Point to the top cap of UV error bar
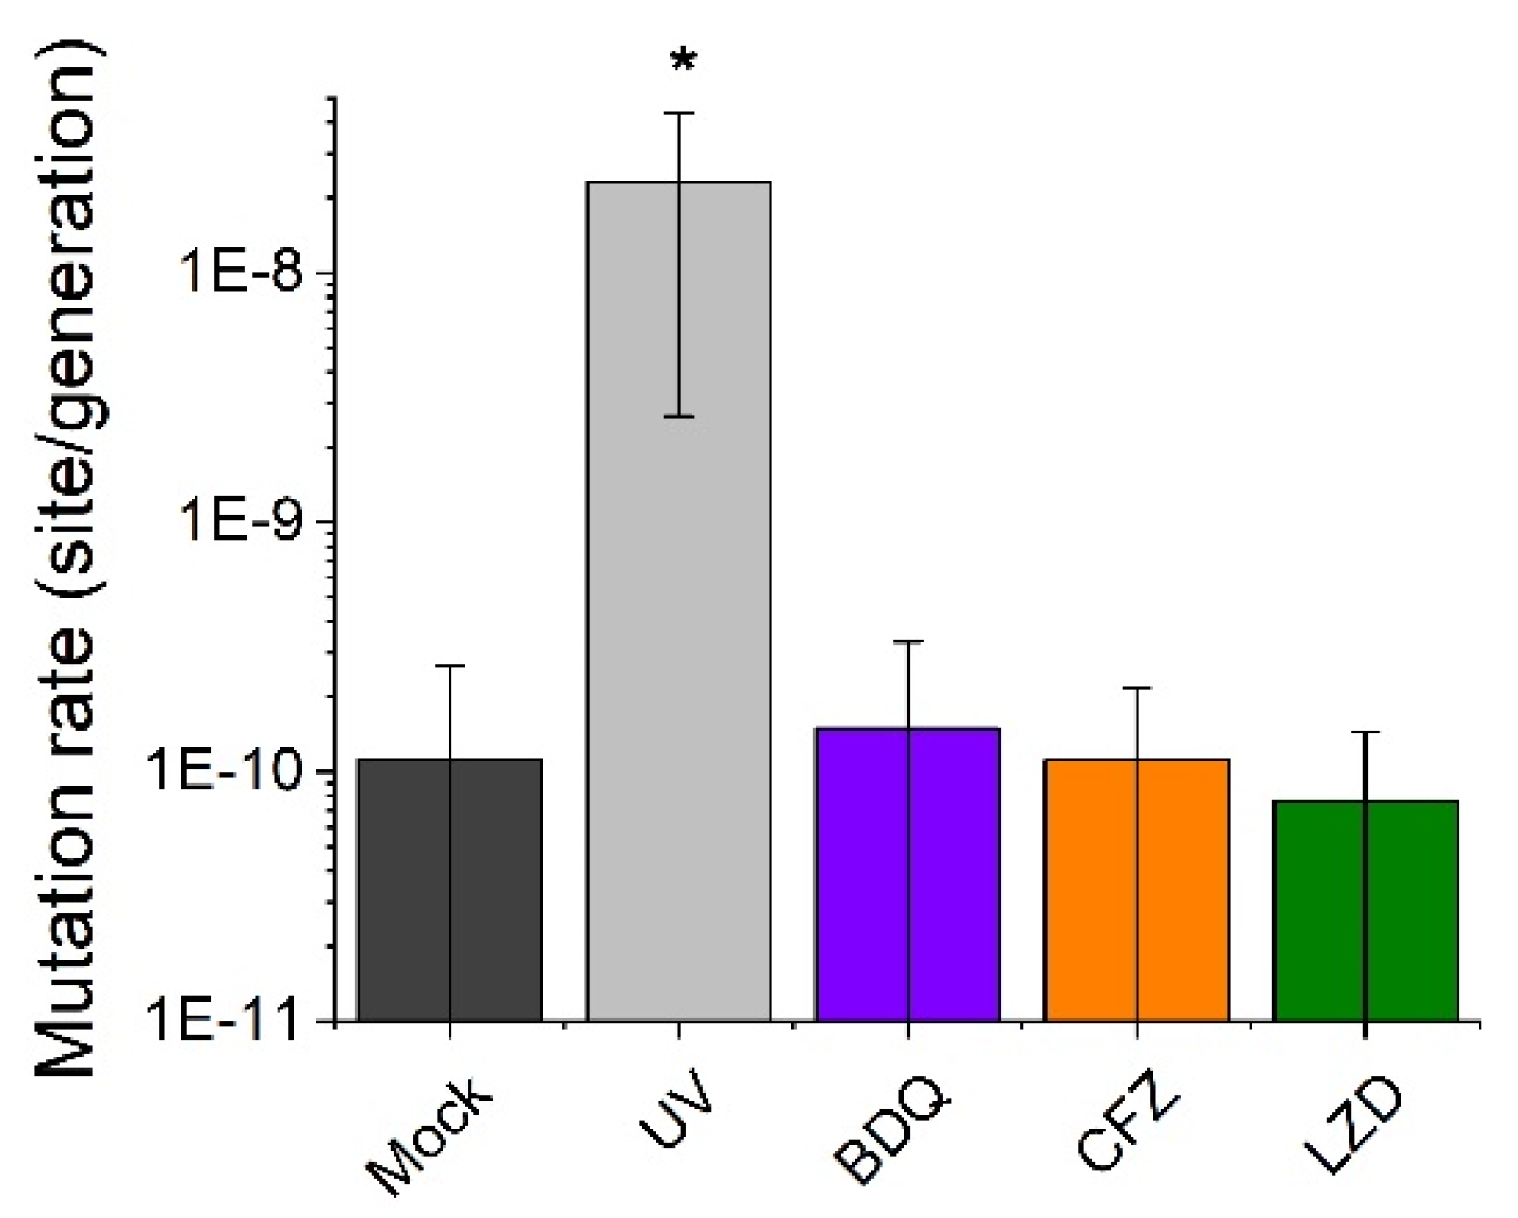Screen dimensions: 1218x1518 [679, 113]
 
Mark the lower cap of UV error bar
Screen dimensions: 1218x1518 [679, 416]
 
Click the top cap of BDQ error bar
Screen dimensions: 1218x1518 [908, 641]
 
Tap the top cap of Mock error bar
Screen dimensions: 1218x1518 [450, 666]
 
